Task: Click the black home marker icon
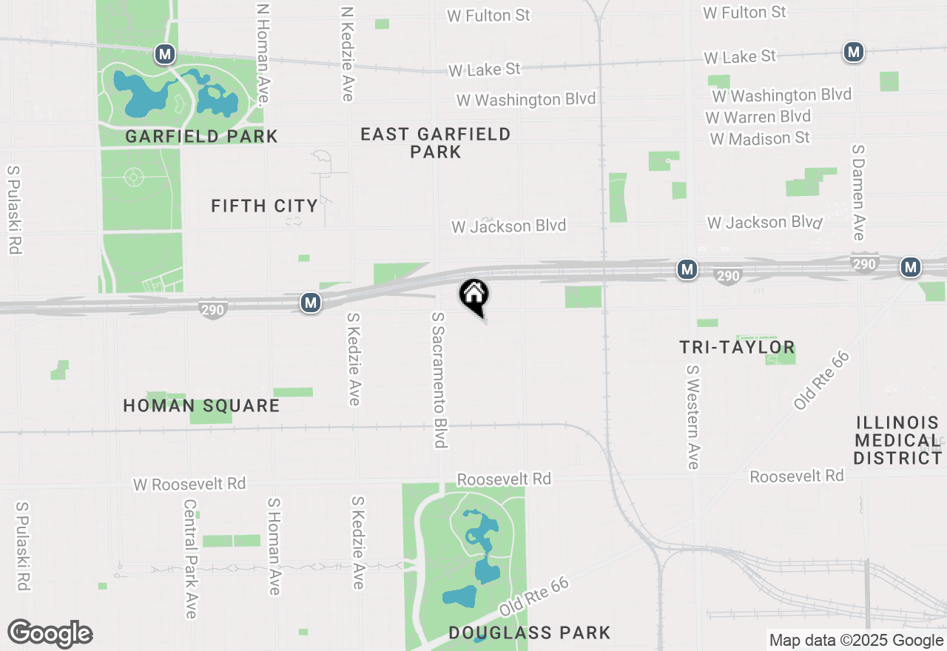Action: coord(474,295)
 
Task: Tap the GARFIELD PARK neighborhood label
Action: coord(201,136)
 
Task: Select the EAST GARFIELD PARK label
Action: coord(436,143)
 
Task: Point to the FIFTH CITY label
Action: coord(264,206)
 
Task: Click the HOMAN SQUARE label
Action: coord(201,405)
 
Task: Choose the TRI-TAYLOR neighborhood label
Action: coord(737,347)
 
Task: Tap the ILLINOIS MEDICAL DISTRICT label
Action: coord(897,440)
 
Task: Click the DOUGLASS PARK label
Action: coord(530,633)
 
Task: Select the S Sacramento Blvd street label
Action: coord(440,380)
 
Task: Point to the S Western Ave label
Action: coord(692,416)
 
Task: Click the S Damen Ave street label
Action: coord(858,192)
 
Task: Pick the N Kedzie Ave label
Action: coord(347,54)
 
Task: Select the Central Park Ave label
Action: coord(190,559)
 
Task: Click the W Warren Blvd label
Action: coord(758,117)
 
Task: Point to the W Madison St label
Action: coord(759,138)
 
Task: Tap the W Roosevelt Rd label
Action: coord(189,484)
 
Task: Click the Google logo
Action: coord(50,634)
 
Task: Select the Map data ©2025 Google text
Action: coord(855,641)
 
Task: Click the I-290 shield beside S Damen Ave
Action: coord(865,264)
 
